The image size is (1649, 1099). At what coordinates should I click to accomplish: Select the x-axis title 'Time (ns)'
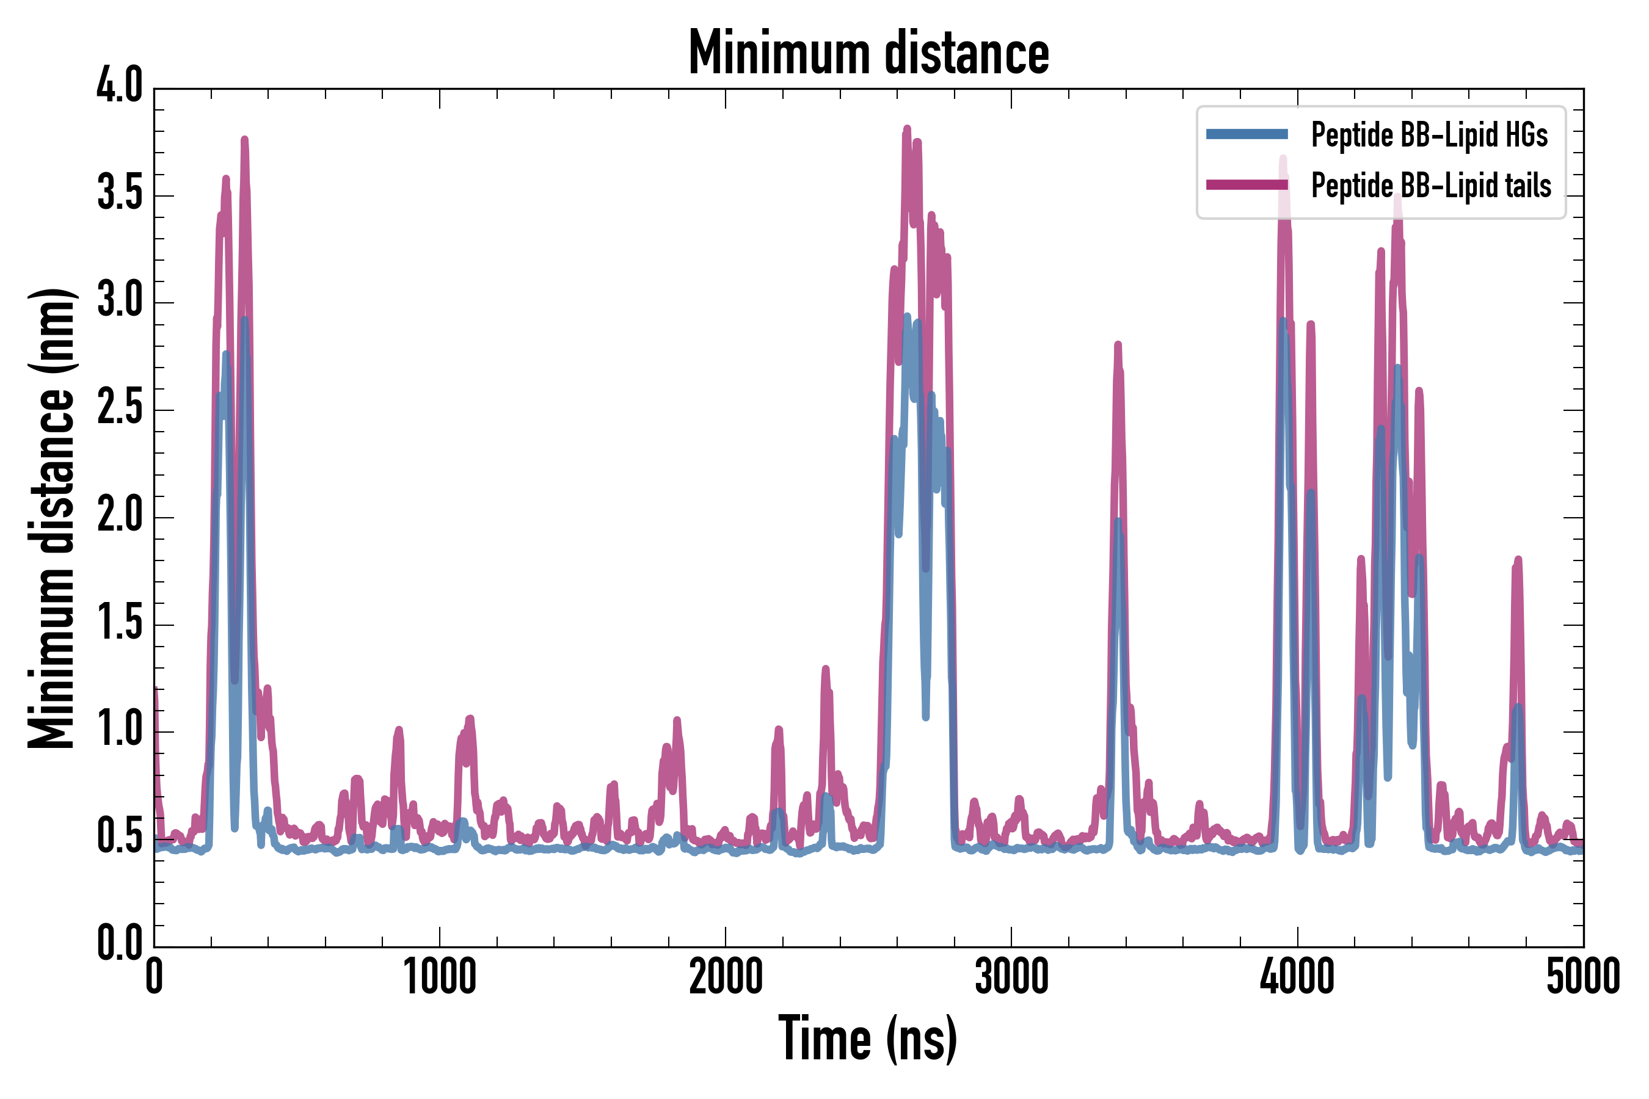(867, 1039)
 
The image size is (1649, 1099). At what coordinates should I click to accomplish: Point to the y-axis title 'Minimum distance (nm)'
(51, 518)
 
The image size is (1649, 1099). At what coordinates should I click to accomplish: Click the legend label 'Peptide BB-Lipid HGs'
(1429, 134)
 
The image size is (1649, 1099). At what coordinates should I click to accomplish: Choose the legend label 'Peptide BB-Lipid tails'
(1431, 185)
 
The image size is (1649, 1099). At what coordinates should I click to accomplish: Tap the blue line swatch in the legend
(1247, 134)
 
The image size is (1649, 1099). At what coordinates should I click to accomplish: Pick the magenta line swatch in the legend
(1247, 185)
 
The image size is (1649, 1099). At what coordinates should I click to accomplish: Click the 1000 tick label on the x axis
(440, 977)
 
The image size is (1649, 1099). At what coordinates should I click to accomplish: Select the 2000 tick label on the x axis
(726, 977)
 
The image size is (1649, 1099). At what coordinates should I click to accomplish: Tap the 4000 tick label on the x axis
(1297, 977)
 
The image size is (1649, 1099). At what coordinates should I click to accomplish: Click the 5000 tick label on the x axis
(1582, 977)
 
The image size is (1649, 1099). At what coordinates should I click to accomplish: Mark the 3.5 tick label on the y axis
(119, 193)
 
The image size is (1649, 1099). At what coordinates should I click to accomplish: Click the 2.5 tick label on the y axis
(119, 408)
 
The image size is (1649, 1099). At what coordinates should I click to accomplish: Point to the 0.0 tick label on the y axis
(119, 943)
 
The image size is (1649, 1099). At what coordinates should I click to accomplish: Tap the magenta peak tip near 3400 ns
(1118, 344)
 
